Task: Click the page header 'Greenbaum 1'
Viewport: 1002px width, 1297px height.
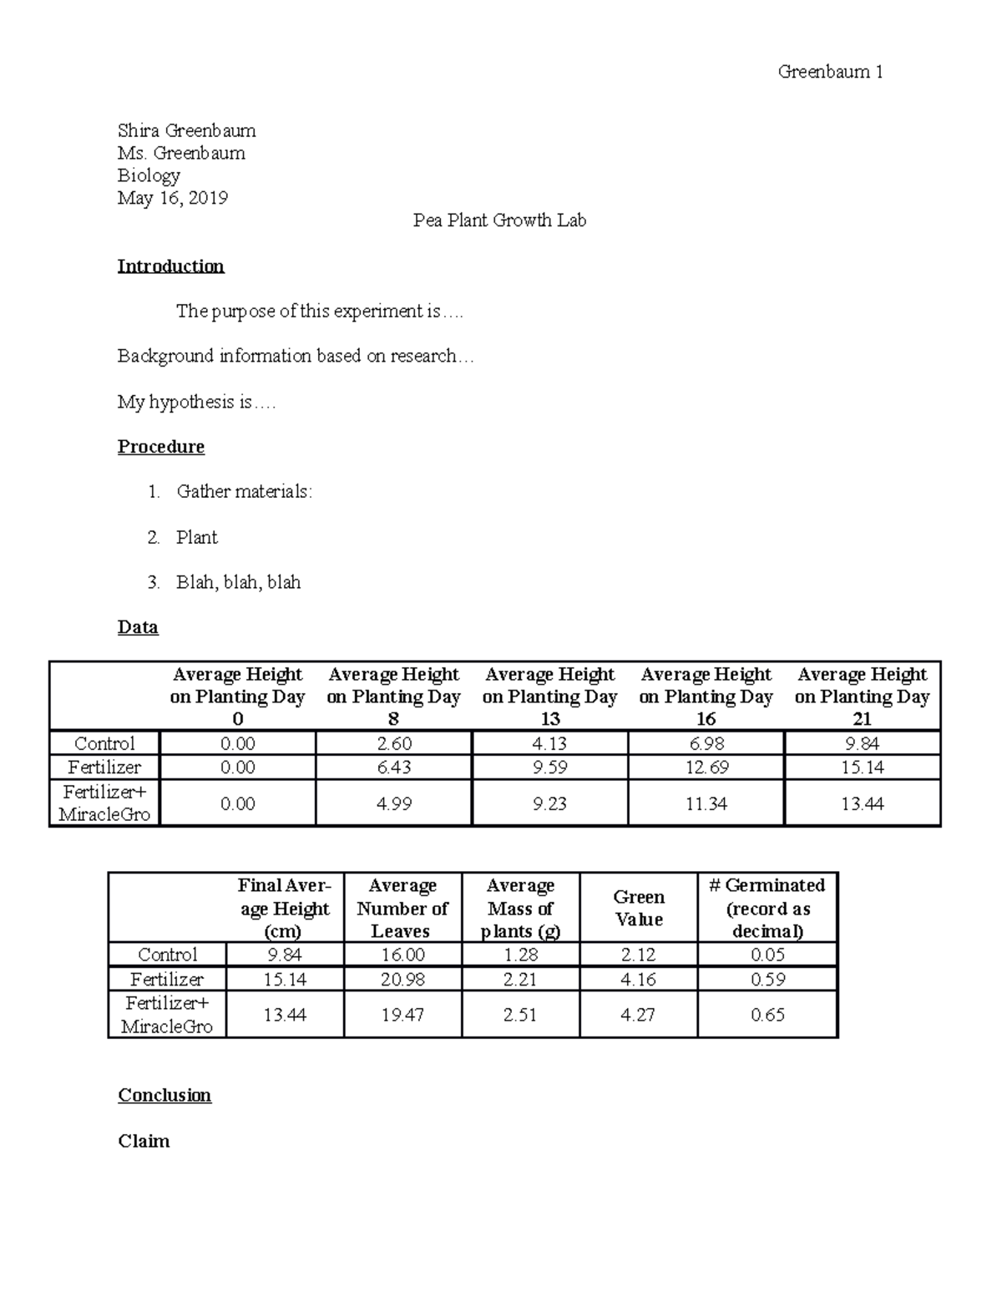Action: click(830, 72)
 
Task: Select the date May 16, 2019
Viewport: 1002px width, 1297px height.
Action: click(172, 198)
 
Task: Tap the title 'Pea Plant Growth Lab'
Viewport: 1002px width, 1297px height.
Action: click(499, 220)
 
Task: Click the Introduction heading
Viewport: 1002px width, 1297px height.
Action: click(170, 266)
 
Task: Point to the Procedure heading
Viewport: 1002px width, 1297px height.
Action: click(160, 447)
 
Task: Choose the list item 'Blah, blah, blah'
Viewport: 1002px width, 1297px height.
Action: click(238, 582)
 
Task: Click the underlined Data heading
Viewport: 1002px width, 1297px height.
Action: click(138, 627)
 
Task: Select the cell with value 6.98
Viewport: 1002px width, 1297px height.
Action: click(706, 743)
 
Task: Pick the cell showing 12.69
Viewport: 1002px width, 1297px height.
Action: click(706, 767)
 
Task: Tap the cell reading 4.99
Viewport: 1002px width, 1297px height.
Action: click(393, 803)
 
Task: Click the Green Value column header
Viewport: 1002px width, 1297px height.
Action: click(638, 908)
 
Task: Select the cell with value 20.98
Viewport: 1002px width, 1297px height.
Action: click(402, 979)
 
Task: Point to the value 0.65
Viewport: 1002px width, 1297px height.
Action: click(767, 1015)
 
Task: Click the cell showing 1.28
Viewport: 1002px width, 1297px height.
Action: click(520, 955)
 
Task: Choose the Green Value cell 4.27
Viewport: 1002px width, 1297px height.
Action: click(638, 1015)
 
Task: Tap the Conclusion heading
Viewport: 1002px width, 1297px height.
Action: click(164, 1095)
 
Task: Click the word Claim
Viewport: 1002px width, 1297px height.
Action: click(144, 1141)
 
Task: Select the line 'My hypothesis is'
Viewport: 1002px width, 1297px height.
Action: click(195, 402)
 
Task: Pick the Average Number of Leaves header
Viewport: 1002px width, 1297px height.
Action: click(402, 908)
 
